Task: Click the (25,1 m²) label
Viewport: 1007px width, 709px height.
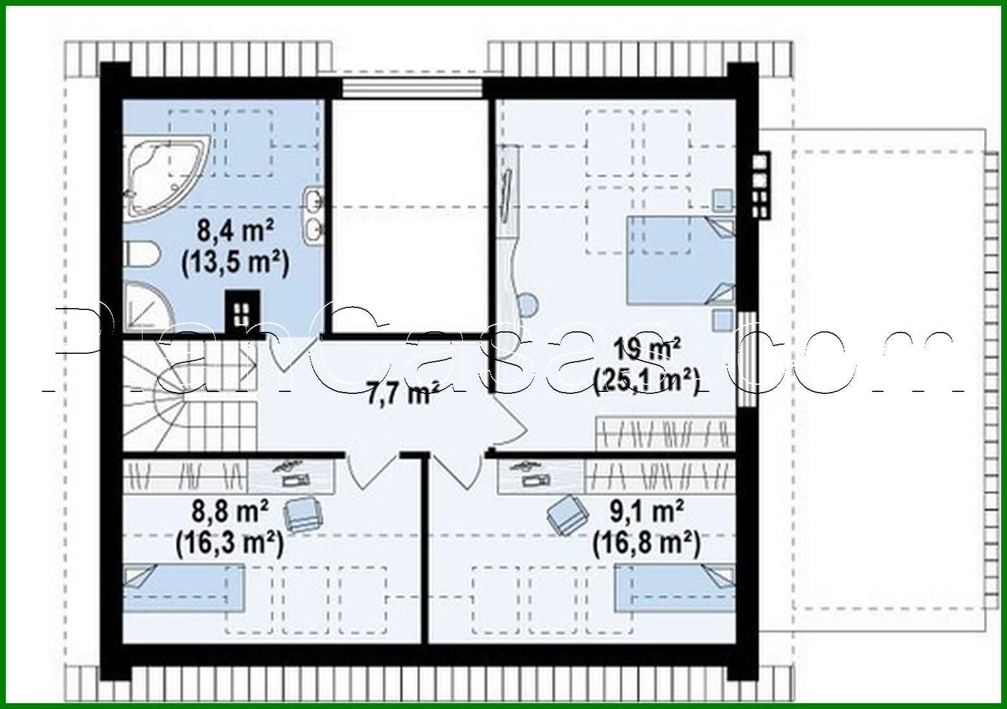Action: click(x=647, y=381)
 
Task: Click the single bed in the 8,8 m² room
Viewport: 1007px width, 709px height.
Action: click(x=185, y=588)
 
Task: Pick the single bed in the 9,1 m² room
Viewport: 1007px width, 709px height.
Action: click(x=674, y=588)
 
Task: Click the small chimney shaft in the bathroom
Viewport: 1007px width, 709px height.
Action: click(x=243, y=312)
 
